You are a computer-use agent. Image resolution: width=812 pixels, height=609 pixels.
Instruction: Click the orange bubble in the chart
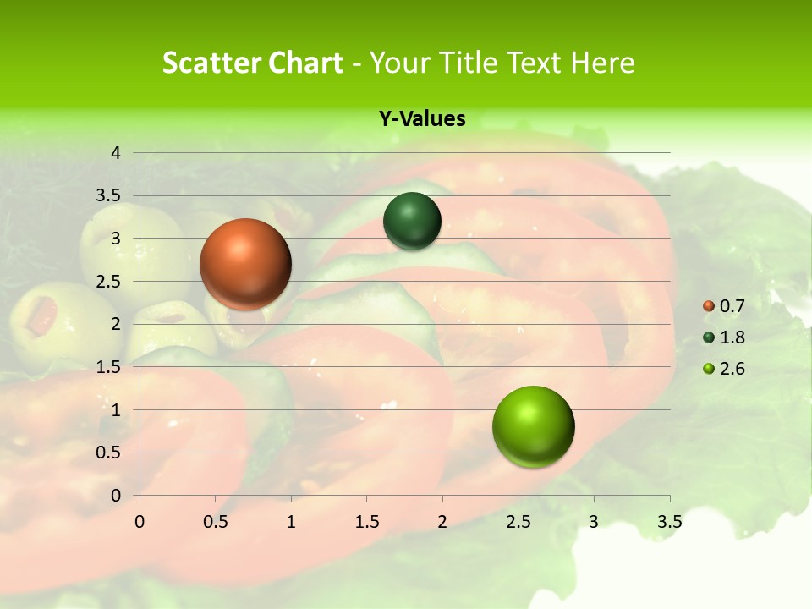coord(245,264)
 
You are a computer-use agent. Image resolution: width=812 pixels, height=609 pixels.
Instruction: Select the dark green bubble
coord(412,222)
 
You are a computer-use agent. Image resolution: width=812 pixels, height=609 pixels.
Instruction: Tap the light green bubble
coord(533,426)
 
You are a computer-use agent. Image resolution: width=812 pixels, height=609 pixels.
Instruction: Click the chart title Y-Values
coord(422,119)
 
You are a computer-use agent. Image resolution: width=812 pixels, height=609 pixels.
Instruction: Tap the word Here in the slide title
coord(602,63)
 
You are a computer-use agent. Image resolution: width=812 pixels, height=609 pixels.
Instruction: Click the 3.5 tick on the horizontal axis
coord(669,522)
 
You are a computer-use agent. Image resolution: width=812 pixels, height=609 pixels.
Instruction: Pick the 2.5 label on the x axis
coord(518,522)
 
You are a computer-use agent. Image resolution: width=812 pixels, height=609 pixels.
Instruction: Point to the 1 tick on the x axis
coord(291,522)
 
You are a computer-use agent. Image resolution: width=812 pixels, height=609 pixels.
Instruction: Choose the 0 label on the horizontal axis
coord(140,522)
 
